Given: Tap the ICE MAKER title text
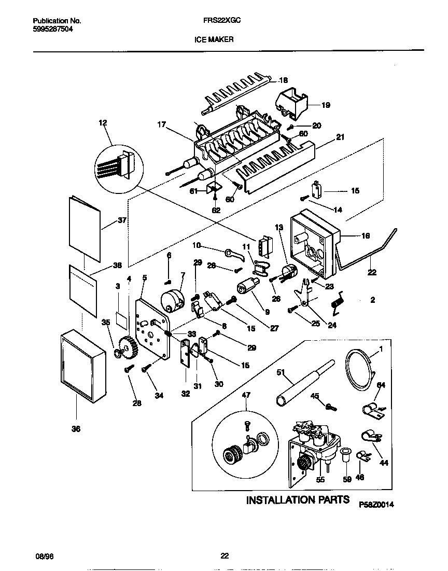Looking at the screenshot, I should (x=214, y=39).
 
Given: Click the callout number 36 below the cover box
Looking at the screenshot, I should (x=76, y=429).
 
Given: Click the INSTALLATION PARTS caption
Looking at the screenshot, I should (x=297, y=500).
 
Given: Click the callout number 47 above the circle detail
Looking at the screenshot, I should (x=246, y=395).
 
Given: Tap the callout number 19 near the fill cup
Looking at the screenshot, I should (x=326, y=105).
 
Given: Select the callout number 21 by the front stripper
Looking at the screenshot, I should (x=340, y=137).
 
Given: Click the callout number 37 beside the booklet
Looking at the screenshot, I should (x=122, y=220).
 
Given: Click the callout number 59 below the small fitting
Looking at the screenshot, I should (x=347, y=480).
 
